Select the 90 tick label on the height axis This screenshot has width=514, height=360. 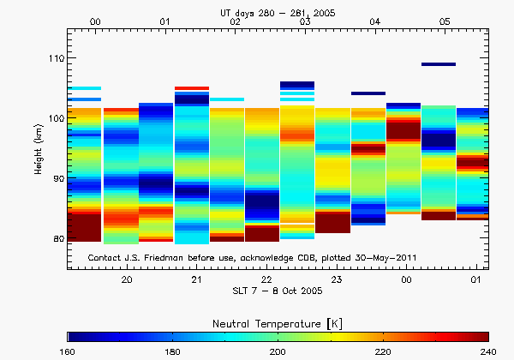tap(55, 178)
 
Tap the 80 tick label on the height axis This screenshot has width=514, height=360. tap(55, 238)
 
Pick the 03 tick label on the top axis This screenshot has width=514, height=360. tap(305, 21)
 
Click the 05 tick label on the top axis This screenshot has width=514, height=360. tap(445, 21)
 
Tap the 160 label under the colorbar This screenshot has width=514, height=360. tap(69, 352)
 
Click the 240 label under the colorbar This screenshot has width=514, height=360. tap(487, 352)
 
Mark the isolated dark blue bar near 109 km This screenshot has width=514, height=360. tap(438, 64)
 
